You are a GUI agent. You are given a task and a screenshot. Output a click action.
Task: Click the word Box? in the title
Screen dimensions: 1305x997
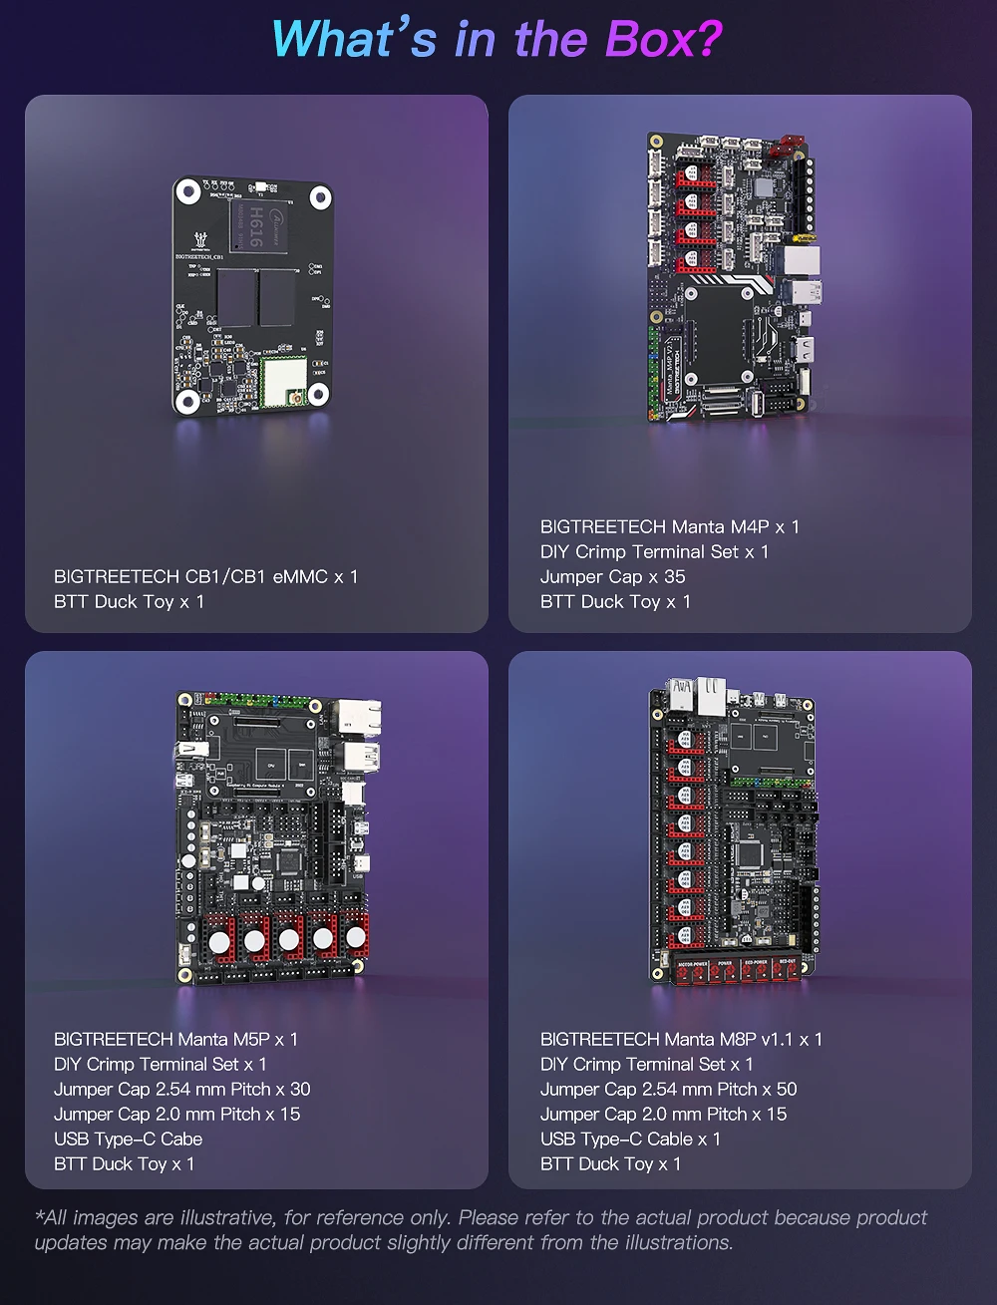tap(662, 40)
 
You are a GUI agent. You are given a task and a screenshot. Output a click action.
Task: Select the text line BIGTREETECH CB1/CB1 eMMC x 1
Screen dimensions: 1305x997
tap(205, 576)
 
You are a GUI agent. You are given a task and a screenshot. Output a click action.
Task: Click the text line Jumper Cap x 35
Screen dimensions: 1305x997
tap(612, 576)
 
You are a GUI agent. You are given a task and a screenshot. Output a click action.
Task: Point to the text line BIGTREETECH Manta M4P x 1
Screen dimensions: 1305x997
tap(669, 526)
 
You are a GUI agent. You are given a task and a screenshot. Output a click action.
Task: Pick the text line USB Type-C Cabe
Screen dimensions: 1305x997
tap(128, 1139)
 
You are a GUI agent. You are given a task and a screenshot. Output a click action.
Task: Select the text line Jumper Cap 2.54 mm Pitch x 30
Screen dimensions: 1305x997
tap(181, 1089)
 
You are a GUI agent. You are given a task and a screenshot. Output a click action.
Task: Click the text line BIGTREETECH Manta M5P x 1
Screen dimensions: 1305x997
tap(175, 1039)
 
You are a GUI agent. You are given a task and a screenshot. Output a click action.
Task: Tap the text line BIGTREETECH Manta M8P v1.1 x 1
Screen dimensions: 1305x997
tap(681, 1039)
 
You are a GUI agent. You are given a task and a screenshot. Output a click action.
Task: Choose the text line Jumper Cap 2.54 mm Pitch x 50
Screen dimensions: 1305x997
tap(668, 1089)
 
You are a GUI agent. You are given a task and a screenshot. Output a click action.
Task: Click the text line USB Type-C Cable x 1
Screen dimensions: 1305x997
tap(630, 1139)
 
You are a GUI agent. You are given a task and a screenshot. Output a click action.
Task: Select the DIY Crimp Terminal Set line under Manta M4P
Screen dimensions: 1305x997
tap(654, 551)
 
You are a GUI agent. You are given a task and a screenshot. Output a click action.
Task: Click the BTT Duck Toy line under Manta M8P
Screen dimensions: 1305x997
tap(610, 1163)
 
